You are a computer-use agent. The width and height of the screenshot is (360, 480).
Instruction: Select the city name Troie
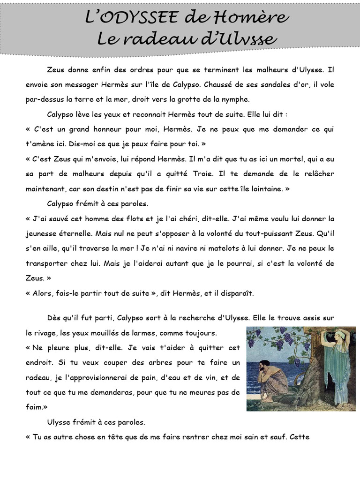pyautogui.click(x=205, y=174)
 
